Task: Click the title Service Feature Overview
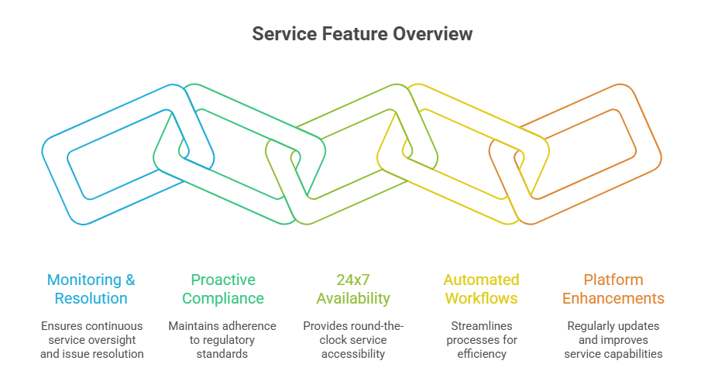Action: pyautogui.click(x=362, y=34)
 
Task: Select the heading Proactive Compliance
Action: pyautogui.click(x=223, y=289)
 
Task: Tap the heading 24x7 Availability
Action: pyautogui.click(x=352, y=289)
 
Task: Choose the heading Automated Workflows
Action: pyautogui.click(x=481, y=289)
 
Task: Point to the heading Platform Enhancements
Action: pyautogui.click(x=613, y=289)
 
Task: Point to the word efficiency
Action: pyautogui.click(x=481, y=354)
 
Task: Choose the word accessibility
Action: pyautogui.click(x=353, y=354)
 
